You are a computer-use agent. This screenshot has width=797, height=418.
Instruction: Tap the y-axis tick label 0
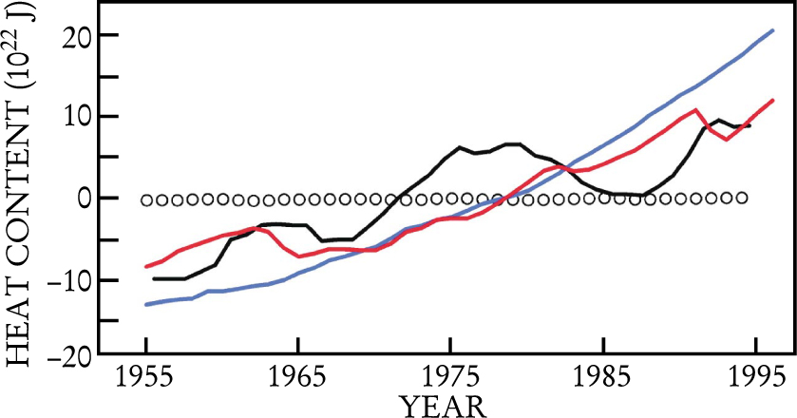pyautogui.click(x=84, y=199)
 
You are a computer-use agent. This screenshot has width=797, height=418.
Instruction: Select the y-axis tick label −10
pyautogui.click(x=68, y=281)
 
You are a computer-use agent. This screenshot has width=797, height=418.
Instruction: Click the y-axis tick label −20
pyautogui.click(x=68, y=362)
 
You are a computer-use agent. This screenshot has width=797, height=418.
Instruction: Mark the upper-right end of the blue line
pyautogui.click(x=773, y=30)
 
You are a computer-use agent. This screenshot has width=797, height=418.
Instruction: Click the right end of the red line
pyautogui.click(x=773, y=100)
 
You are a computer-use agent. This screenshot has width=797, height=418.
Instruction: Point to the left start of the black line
pyautogui.click(x=155, y=278)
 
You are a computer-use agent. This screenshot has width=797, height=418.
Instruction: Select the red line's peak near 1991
pyautogui.click(x=696, y=110)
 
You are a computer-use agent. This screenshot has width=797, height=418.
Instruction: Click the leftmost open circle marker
pyautogui.click(x=147, y=200)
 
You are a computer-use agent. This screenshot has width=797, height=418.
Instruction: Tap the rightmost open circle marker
pyautogui.click(x=742, y=198)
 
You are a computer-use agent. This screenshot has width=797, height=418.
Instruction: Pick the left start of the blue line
pyautogui.click(x=146, y=304)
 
